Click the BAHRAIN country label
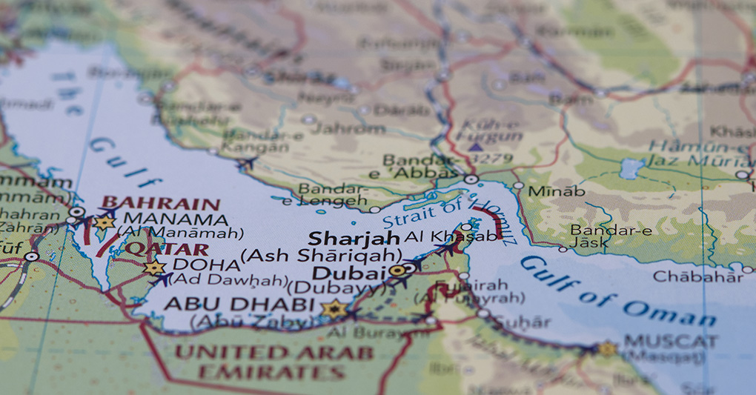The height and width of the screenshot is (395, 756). [160, 203]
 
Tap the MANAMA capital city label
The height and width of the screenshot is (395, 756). [176, 220]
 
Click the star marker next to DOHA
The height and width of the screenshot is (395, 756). [154, 268]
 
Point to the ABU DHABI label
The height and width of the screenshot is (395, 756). [239, 304]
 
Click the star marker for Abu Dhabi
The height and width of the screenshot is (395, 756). [334, 309]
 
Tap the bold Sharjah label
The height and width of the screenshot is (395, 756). [354, 239]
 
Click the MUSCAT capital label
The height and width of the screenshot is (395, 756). [670, 342]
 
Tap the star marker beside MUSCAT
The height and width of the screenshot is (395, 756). [607, 348]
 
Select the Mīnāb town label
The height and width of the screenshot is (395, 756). [556, 191]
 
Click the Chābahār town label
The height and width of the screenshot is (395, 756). [697, 276]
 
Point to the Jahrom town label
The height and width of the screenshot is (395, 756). [348, 128]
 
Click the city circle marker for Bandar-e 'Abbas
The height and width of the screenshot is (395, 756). [471, 179]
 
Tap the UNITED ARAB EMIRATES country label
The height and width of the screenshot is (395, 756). [274, 362]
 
